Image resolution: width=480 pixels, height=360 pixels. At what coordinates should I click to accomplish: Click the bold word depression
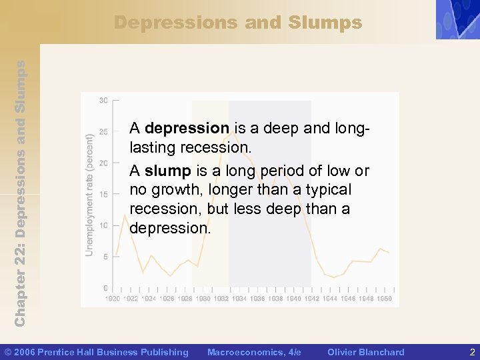[x=187, y=127]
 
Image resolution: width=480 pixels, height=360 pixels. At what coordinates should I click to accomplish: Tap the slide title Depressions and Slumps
[x=238, y=23]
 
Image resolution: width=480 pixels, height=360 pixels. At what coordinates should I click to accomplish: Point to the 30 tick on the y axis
[x=104, y=101]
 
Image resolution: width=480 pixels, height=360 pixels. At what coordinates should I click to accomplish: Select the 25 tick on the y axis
[x=104, y=132]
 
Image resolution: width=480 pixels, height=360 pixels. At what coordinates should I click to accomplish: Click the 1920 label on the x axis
[x=113, y=299]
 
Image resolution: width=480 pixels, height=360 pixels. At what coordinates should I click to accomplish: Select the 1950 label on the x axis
[x=384, y=299]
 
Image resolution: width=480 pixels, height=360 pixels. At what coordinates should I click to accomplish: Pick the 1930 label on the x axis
[x=203, y=299]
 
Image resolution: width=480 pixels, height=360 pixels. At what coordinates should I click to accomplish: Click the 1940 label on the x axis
[x=293, y=299]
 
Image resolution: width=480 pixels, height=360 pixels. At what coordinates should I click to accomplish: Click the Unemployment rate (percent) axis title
[x=89, y=194]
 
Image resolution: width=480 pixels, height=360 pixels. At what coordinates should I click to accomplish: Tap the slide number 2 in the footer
[x=472, y=352]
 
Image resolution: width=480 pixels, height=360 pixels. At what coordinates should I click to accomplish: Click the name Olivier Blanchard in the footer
[x=365, y=352]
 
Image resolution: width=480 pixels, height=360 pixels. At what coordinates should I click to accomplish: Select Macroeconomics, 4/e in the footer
[x=254, y=352]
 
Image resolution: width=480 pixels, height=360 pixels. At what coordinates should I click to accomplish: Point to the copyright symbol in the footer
[x=8, y=352]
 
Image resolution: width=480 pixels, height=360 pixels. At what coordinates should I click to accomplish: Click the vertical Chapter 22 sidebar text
[x=20, y=193]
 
